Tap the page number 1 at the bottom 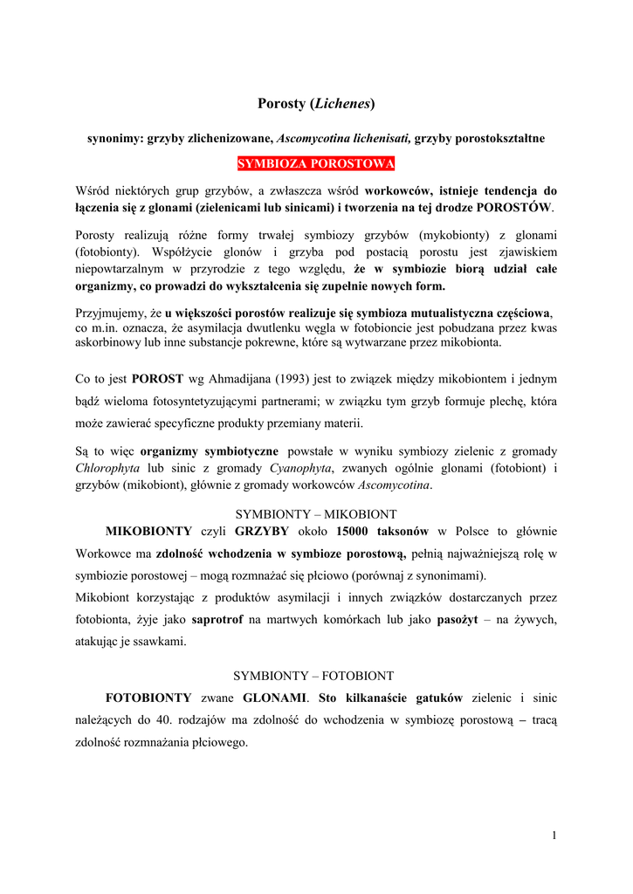point(554,836)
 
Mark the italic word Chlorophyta point(107,468)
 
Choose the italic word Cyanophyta point(302,468)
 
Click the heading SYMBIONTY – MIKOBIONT point(316,514)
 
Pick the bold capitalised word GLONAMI point(274,698)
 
